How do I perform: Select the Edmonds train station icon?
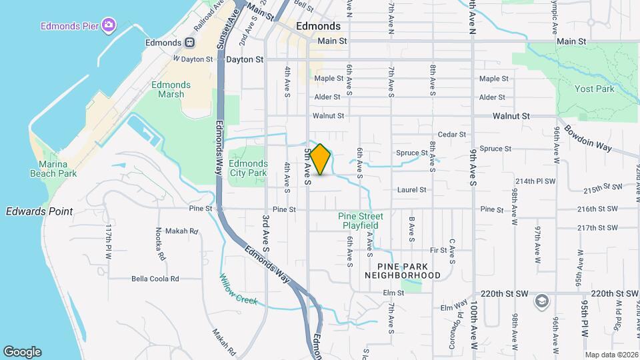click(x=190, y=43)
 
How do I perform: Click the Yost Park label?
click(x=594, y=89)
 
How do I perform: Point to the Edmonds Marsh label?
click(x=171, y=89)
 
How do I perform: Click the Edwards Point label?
click(x=39, y=211)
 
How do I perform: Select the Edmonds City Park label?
click(x=247, y=168)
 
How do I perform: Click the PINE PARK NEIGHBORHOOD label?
click(x=403, y=271)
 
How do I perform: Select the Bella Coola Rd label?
click(x=155, y=279)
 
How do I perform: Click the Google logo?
click(x=21, y=351)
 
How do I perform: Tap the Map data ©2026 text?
click(x=611, y=355)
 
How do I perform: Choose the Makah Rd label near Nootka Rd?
click(x=184, y=231)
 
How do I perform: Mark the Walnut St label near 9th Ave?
click(x=511, y=116)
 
